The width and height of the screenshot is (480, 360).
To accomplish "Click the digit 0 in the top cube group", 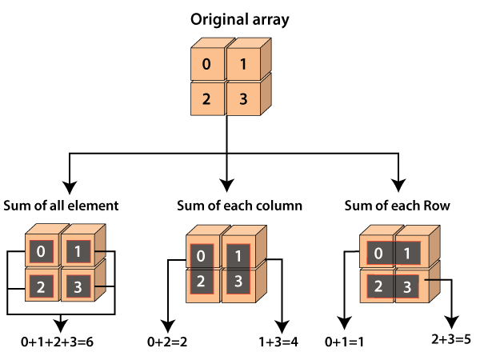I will click(206, 65).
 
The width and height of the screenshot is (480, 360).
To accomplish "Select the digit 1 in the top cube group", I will click(242, 65).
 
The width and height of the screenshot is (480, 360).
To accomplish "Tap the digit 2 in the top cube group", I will click(206, 100).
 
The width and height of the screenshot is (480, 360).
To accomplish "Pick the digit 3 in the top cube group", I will click(242, 100).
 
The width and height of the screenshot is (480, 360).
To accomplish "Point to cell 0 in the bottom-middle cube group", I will click(201, 256).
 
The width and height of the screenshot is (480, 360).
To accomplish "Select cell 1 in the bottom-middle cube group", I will click(238, 256).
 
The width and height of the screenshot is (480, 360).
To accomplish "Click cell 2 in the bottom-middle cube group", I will click(201, 282).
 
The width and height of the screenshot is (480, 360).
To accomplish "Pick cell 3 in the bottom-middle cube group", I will click(238, 282).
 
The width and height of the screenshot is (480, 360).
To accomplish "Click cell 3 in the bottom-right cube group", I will click(407, 286).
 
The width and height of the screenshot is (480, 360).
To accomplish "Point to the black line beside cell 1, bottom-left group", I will click(100, 253).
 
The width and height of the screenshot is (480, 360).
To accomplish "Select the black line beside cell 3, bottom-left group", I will click(100, 286).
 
